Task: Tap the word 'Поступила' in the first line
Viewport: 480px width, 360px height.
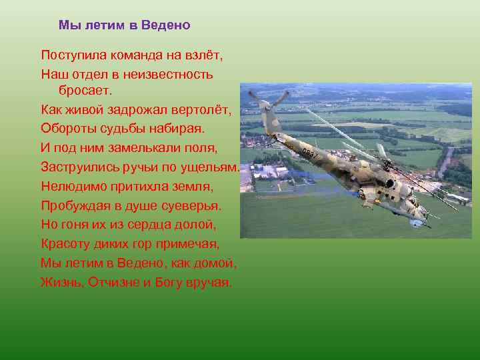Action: click(x=71, y=55)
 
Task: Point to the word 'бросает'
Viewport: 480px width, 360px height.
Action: click(x=87, y=89)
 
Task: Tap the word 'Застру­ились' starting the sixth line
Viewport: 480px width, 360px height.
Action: click(x=79, y=167)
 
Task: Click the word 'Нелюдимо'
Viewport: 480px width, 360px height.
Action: click(x=71, y=185)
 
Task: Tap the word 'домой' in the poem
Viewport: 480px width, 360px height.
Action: click(x=216, y=262)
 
